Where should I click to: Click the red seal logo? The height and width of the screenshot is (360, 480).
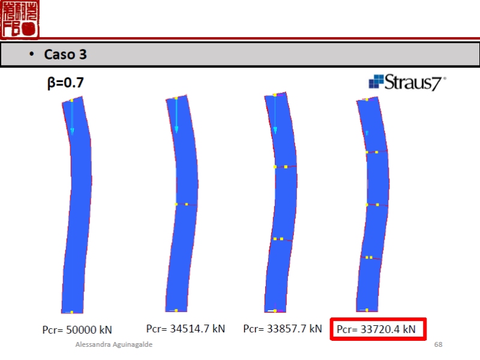[20, 19]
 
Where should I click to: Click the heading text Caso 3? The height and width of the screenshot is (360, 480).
[65, 55]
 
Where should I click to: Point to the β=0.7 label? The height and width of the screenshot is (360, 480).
[65, 83]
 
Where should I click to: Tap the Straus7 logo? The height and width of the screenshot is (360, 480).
[407, 82]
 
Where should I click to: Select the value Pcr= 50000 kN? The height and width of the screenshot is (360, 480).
[77, 329]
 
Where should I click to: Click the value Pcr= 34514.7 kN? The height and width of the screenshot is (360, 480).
[185, 328]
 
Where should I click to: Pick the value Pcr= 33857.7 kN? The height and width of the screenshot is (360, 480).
[283, 328]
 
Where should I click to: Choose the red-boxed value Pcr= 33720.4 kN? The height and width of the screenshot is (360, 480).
[376, 329]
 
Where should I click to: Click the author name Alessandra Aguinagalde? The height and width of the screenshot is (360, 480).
[114, 344]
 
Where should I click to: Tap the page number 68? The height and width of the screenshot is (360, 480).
[438, 344]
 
